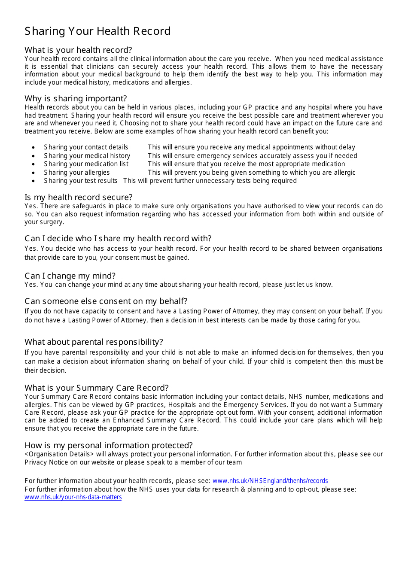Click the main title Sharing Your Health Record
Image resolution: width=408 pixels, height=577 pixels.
click(97, 31)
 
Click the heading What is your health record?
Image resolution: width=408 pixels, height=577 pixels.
click(78, 50)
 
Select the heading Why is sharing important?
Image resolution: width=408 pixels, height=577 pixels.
click(76, 98)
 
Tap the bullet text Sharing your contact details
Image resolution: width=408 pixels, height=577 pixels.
click(86, 147)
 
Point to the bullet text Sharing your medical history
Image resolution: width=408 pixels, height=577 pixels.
click(87, 156)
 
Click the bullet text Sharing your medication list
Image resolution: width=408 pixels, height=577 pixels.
click(86, 164)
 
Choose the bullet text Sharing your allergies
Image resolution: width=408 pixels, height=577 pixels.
click(76, 173)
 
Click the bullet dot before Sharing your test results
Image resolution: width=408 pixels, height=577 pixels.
click(33, 181)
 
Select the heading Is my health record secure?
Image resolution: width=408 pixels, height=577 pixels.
click(79, 197)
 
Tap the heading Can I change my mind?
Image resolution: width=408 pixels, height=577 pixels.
click(70, 276)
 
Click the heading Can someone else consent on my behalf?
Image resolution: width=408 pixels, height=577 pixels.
click(106, 301)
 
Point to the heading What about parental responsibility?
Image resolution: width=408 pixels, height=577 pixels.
click(94, 342)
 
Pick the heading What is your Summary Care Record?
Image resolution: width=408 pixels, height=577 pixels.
click(97, 388)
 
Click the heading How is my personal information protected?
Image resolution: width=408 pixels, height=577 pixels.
click(109, 445)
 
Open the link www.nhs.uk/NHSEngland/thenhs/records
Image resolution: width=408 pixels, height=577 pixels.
click(270, 481)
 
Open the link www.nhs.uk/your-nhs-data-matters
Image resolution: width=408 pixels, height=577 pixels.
click(73, 497)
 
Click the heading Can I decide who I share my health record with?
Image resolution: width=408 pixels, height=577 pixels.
click(118, 238)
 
